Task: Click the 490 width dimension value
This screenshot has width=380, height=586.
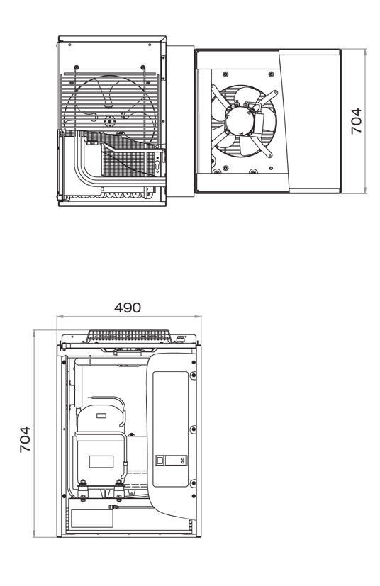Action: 128,308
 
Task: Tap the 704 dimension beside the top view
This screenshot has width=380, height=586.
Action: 356,121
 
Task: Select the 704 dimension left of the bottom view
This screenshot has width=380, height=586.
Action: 25,439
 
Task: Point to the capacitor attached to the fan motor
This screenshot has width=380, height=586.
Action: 259,120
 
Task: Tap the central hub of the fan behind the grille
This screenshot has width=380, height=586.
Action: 109,120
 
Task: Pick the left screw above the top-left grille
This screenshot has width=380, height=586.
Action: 77,67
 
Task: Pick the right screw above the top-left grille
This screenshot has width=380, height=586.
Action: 143,67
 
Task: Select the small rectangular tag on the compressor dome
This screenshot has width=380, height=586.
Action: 101,415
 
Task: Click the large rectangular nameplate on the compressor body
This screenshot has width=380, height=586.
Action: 101,461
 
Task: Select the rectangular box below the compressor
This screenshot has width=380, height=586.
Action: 92,519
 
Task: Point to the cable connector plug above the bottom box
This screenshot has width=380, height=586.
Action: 112,507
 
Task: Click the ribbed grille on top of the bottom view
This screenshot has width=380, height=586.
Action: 129,336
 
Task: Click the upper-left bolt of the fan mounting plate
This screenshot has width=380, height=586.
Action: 225,74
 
